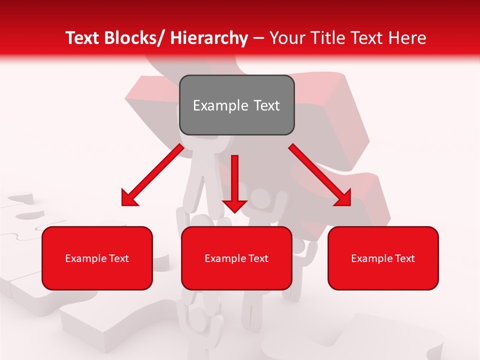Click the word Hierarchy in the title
tap(208, 38)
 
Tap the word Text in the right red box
tap(404, 258)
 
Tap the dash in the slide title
tap(258, 38)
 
